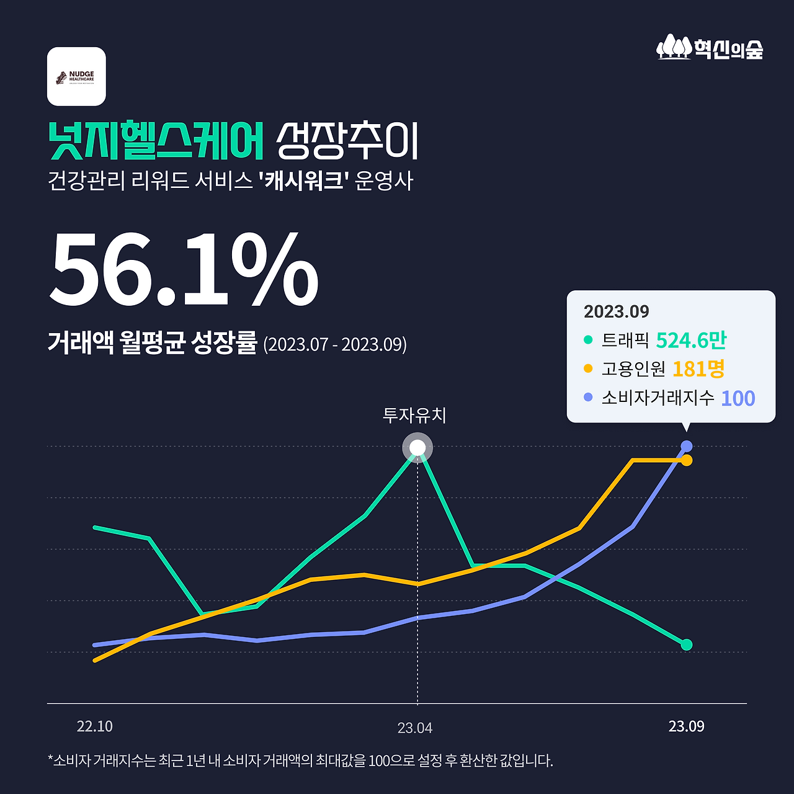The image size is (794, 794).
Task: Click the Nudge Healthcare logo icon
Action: point(76,76)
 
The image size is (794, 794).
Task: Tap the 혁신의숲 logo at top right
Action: point(710,47)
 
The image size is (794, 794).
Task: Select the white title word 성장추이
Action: point(347,141)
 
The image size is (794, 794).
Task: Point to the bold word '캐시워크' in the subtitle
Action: point(304,181)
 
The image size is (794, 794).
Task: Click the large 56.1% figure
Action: point(184,270)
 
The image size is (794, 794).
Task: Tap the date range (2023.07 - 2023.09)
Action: point(335,344)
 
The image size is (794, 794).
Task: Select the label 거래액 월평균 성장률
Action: point(152,343)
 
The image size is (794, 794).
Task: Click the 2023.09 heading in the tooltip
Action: point(616,311)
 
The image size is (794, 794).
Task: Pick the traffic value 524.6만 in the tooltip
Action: point(690,341)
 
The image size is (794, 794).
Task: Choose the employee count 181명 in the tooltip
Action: point(698,369)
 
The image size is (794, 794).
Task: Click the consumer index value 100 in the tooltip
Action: point(738,398)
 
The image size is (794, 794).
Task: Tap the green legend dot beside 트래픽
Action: point(588,340)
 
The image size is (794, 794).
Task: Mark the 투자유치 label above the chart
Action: point(414,415)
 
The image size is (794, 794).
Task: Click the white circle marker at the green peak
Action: point(417,448)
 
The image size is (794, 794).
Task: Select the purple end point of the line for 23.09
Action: point(687,446)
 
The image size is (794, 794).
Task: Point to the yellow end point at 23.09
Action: point(687,460)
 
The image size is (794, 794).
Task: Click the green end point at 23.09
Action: point(687,645)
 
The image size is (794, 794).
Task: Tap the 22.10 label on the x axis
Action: point(95,726)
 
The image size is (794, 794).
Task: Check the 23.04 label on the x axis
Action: point(415,728)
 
